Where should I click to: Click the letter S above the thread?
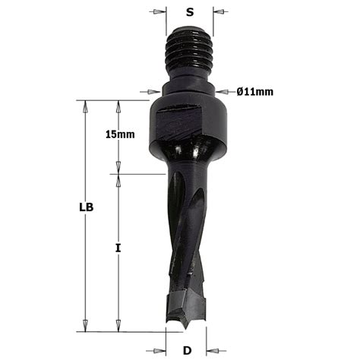[190, 12]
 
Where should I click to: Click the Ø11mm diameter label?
[255, 92]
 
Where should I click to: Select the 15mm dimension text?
[120, 134]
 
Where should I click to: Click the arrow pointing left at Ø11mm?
[220, 93]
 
